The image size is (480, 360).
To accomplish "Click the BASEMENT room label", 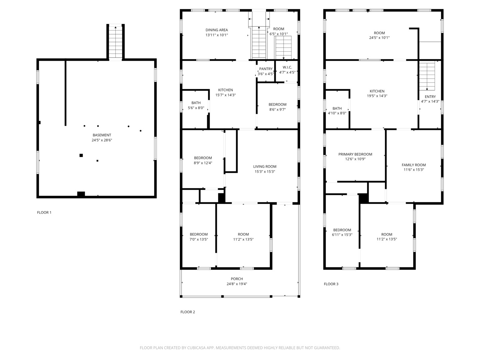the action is click(102, 135).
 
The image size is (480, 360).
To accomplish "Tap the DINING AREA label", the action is click(216, 30).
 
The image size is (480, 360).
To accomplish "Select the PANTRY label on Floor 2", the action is click(266, 69).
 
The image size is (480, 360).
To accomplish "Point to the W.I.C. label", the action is click(287, 67).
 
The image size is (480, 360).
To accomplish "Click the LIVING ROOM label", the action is click(265, 167).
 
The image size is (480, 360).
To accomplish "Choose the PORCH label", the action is click(237, 279).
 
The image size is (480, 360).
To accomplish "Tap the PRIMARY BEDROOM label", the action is click(355, 154).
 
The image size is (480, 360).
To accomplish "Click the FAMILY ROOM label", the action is click(414, 165).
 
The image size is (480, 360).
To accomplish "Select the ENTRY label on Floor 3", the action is click(430, 97).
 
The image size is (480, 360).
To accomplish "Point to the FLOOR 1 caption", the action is click(44, 212).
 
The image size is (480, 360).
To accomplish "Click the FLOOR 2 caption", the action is click(188, 312).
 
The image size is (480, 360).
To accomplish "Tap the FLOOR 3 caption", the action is click(331, 284).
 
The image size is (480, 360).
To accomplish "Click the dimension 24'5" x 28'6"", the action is click(102, 140).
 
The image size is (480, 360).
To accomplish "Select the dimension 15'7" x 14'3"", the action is click(225, 95).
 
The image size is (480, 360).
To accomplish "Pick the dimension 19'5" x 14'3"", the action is click(377, 96).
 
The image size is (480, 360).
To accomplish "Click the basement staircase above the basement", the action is click(115, 42).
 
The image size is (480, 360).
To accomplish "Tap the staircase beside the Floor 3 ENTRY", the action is click(427, 76).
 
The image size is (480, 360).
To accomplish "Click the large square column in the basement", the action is click(81, 155).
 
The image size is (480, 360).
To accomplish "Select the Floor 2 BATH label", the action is click(196, 103).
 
